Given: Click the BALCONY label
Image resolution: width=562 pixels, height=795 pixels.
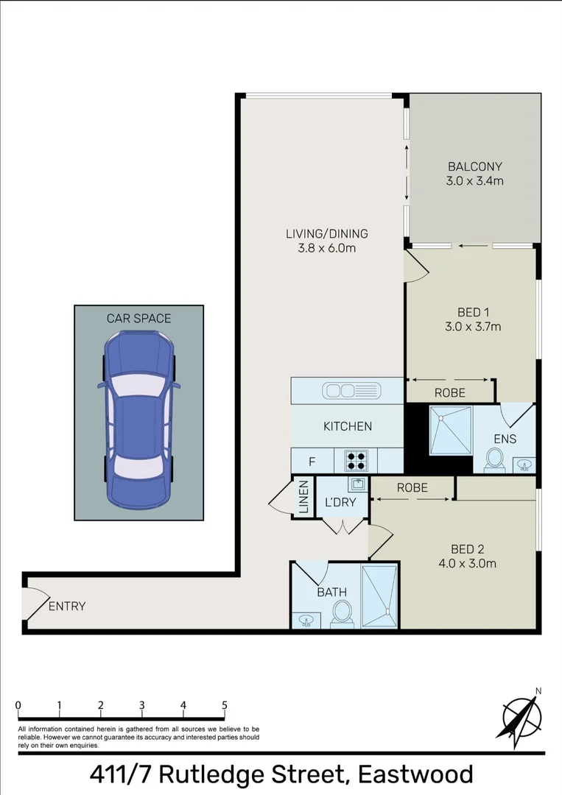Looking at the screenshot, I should point(475,166).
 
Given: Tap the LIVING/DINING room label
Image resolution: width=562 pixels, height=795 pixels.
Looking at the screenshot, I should point(326,234).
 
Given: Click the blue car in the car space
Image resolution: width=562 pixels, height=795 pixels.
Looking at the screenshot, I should point(138,421).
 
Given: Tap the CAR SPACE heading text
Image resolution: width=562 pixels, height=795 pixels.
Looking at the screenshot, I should point(138,318).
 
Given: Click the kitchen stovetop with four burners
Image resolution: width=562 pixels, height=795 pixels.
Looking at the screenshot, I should point(356,461).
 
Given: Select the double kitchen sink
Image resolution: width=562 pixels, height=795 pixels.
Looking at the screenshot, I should point(351,390).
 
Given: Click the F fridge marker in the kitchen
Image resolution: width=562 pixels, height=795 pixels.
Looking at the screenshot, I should point(312,462).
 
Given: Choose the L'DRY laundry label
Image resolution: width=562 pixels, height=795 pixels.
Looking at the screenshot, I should point(340,503).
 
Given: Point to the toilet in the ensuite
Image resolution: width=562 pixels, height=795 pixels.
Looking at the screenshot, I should point(493,460).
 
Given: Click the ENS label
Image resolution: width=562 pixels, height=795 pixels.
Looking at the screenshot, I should point(505,439).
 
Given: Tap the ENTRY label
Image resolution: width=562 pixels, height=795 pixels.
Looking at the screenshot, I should point(67,607).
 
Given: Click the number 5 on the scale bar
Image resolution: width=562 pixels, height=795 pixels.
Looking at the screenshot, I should point(224,704).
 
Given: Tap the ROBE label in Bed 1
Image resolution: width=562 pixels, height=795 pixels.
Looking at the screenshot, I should point(449,393).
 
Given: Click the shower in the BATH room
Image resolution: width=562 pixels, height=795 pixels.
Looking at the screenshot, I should point(380,596).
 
